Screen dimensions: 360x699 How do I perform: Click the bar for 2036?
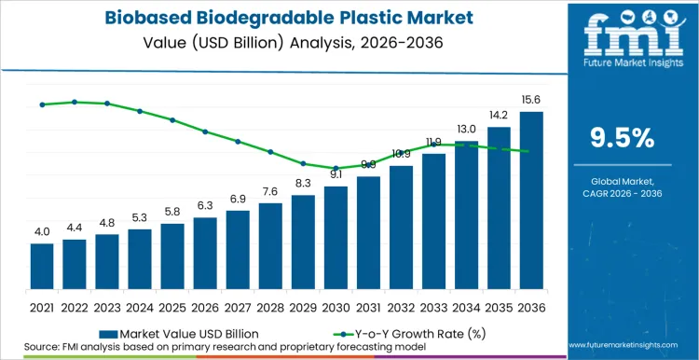[531, 201]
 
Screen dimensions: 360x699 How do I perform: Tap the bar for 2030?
[336, 238]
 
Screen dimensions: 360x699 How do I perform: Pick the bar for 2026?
[205, 253]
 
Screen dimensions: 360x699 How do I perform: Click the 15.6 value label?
[531, 100]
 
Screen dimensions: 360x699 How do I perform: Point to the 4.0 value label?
[42, 231]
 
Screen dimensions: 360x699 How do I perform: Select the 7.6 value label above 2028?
[270, 191]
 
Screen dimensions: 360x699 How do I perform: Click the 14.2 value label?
[499, 116]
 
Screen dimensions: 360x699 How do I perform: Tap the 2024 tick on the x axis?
[140, 306]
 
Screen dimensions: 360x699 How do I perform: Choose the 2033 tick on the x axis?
[433, 306]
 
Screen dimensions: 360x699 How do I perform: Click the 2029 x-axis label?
[303, 306]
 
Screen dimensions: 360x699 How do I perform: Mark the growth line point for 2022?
[75, 102]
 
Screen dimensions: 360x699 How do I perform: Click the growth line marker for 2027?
[238, 142]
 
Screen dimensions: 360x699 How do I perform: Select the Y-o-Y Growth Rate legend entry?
[401, 332]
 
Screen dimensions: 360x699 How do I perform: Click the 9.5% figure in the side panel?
[623, 138]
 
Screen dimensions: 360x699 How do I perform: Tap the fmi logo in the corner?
[623, 33]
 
